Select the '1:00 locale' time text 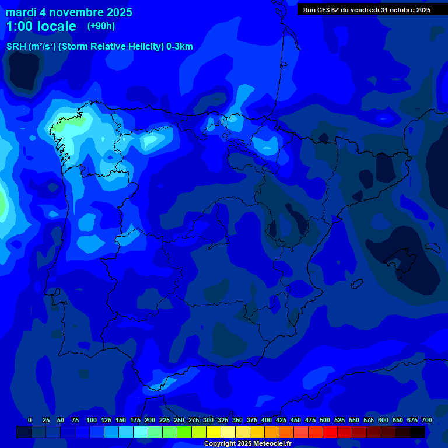pyautogui.click(x=41, y=26)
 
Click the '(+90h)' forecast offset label pyautogui.click(x=101, y=26)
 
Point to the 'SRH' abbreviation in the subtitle pyautogui.click(x=16, y=47)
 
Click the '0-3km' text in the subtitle pyautogui.click(x=179, y=47)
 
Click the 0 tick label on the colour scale pyautogui.click(x=30, y=420)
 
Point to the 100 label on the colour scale pyautogui.click(x=92, y=420)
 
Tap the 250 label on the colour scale pyautogui.click(x=179, y=420)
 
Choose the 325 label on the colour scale pyautogui.click(x=223, y=420)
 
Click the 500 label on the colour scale pyautogui.click(x=325, y=420)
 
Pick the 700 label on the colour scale pyautogui.click(x=427, y=420)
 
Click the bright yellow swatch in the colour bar pyautogui.click(x=213, y=432)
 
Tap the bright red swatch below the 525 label pyautogui.click(x=330, y=432)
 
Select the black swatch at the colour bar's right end pyautogui.click(x=418, y=432)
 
